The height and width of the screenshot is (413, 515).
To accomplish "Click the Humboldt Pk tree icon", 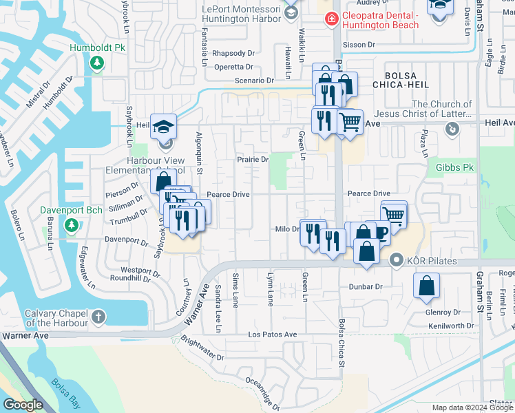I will click(x=97, y=63).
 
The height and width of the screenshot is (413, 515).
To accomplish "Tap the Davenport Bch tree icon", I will click(x=71, y=225).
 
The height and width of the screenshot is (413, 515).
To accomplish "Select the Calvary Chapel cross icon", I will click(x=98, y=317).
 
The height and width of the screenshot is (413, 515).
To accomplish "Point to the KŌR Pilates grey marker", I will click(x=395, y=260).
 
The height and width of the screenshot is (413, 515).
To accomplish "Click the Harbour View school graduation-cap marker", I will click(x=165, y=128).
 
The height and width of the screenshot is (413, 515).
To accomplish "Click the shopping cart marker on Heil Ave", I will click(x=350, y=123).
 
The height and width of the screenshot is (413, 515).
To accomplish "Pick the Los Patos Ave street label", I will click(x=272, y=335).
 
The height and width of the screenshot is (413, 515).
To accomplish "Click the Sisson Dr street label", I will click(x=361, y=45).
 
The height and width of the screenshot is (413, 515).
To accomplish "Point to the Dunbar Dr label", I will click(x=365, y=286).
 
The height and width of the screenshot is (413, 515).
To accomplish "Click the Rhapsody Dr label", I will click(x=233, y=53).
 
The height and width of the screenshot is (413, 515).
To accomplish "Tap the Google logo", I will click(x=23, y=404).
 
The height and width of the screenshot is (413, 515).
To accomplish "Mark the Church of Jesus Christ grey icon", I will click(x=452, y=128).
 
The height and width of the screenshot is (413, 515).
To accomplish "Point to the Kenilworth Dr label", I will click(x=452, y=324).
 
